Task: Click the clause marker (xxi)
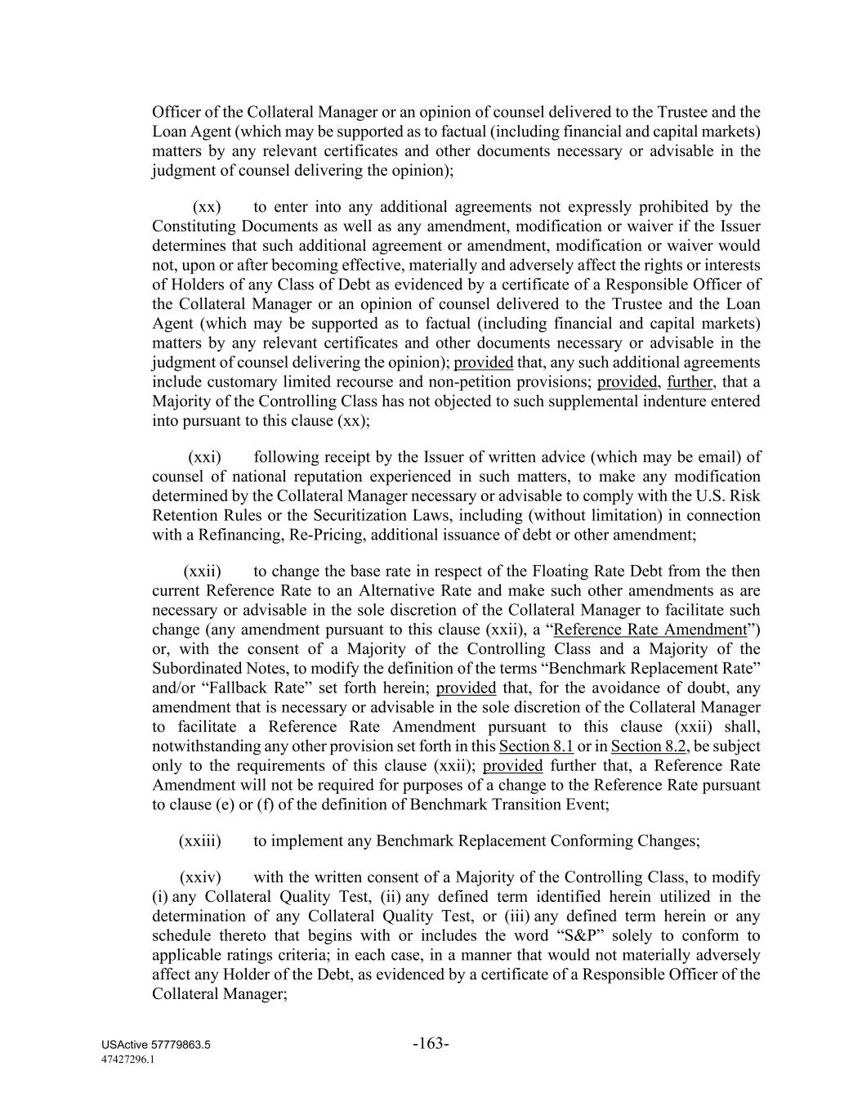pos(204,457)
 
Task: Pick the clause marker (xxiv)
pos(200,877)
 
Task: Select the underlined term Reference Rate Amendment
pos(650,630)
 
